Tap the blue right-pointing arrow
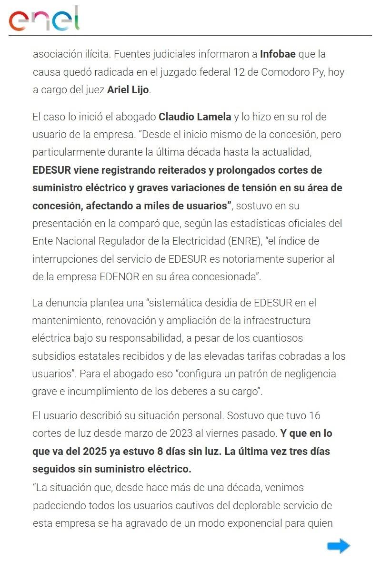pyautogui.click(x=338, y=546)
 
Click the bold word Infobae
pyautogui.click(x=278, y=54)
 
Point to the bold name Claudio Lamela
pyautogui.click(x=195, y=117)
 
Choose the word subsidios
pyautogui.click(x=53, y=356)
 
